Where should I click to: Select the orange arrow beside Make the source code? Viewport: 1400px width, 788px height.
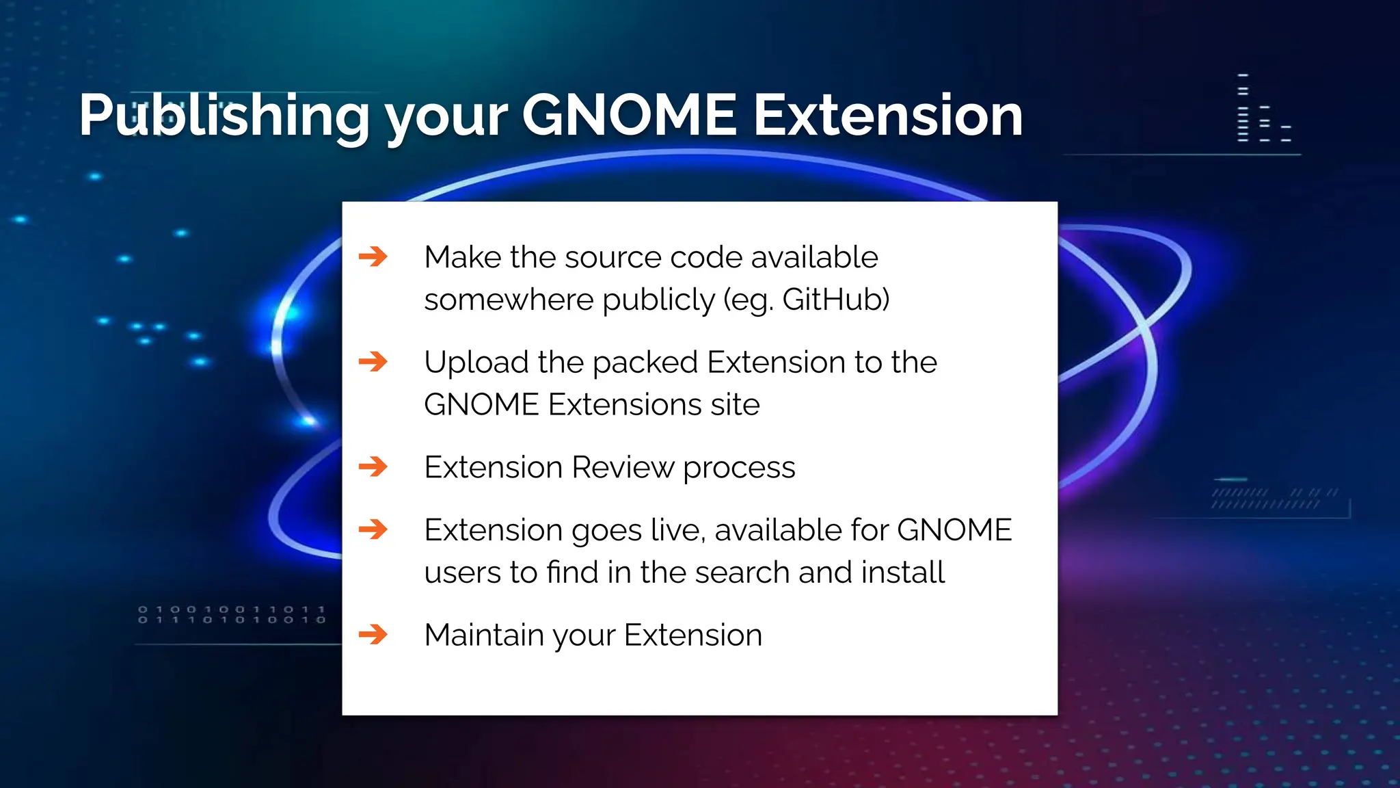tap(373, 257)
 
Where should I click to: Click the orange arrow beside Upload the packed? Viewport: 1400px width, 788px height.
tap(373, 362)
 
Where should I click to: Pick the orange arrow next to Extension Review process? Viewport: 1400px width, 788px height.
tap(373, 467)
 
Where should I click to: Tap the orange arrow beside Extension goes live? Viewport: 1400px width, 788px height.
tap(373, 529)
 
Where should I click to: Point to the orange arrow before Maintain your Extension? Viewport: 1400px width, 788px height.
tap(373, 635)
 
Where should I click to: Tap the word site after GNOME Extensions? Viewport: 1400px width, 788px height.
tap(735, 404)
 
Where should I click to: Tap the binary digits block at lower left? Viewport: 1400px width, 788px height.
tap(232, 614)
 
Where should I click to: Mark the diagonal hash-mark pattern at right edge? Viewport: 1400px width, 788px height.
tap(1274, 499)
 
